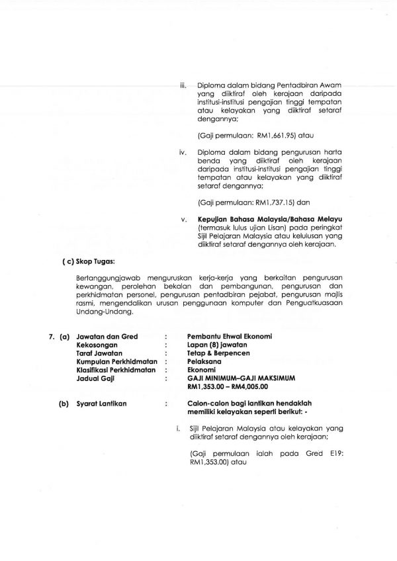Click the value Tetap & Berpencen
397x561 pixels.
tap(218, 353)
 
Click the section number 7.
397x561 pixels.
tap(50, 337)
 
